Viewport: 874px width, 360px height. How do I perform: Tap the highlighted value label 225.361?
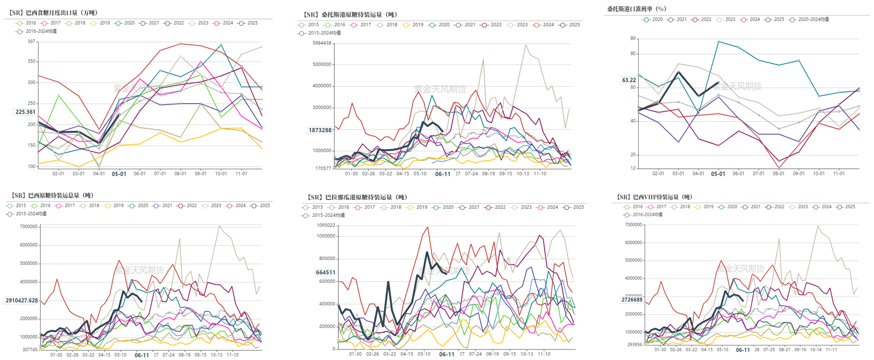click(26, 112)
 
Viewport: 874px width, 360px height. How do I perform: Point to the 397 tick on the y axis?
click(32, 42)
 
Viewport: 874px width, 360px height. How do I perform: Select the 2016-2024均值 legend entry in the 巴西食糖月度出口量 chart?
click(37, 31)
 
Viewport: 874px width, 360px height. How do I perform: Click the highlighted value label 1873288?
click(320, 130)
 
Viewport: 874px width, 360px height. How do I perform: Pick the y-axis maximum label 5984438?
click(322, 43)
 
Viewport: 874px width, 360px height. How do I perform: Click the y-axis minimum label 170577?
click(323, 168)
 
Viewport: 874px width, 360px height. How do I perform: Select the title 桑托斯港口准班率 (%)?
click(637, 9)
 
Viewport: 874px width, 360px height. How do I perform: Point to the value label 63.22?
click(629, 80)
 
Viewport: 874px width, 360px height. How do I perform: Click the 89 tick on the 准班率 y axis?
click(633, 39)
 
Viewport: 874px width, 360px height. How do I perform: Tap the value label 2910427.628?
click(22, 300)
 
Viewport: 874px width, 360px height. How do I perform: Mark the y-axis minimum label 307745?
click(30, 349)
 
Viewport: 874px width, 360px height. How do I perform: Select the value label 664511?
click(325, 272)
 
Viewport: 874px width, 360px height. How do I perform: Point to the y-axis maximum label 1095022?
click(326, 225)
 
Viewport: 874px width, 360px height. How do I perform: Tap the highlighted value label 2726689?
click(632, 299)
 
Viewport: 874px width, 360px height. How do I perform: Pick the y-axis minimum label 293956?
click(634, 344)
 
